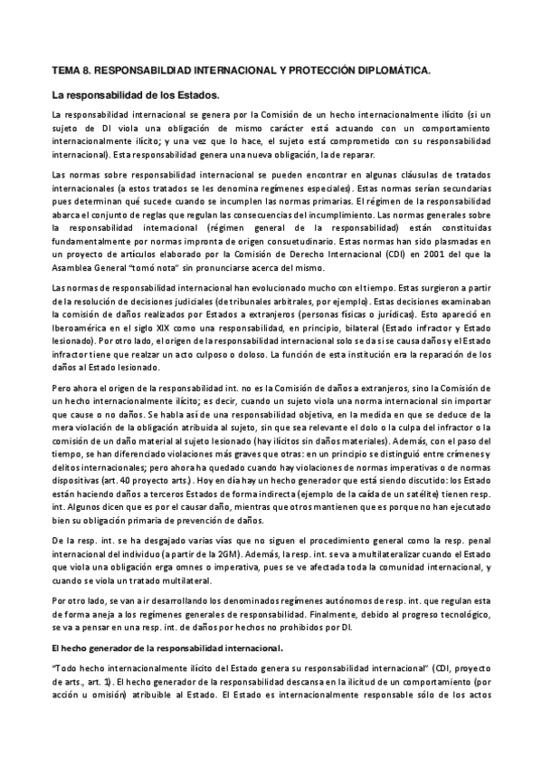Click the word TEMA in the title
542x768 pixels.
click(x=65, y=69)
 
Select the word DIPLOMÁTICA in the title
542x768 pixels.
click(x=394, y=69)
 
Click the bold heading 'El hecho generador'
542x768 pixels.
click(x=155, y=648)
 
